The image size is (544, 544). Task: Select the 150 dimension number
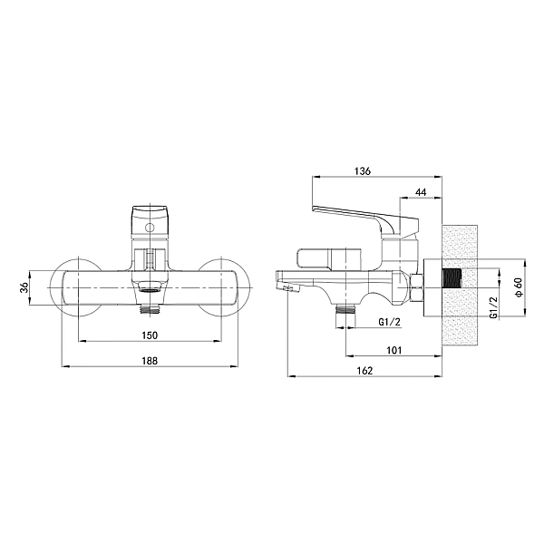(151, 335)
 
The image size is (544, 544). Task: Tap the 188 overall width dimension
(151, 361)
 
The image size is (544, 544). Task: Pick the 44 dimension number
(421, 192)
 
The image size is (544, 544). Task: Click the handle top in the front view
(151, 218)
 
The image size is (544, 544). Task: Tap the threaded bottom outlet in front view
(151, 307)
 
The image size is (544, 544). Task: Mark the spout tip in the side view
(287, 288)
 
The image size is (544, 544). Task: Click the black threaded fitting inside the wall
(451, 291)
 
